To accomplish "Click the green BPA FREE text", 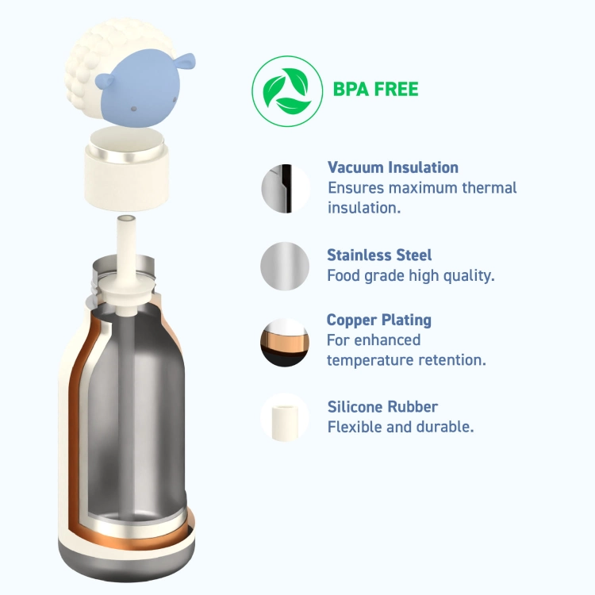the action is [x=375, y=89].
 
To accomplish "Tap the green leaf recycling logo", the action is [x=287, y=91].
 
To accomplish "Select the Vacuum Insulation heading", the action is [x=393, y=167].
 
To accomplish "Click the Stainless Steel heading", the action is [x=379, y=255].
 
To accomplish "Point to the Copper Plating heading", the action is [x=378, y=320].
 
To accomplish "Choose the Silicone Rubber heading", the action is [x=382, y=407].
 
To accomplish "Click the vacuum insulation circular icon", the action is [x=286, y=189].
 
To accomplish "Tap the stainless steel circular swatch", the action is [x=285, y=266].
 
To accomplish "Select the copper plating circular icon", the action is [x=285, y=342].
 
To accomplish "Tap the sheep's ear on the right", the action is [x=186, y=62].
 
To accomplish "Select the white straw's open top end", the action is [x=126, y=220].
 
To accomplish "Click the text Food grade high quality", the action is [x=411, y=276].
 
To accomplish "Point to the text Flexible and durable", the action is [x=401, y=427].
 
